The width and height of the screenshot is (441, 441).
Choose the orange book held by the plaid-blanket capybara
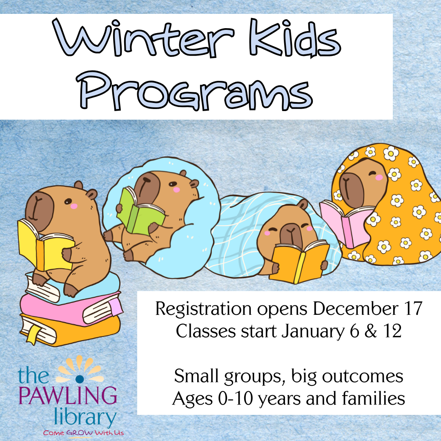point(298,261)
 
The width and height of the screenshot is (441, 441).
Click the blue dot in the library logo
point(80,372)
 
